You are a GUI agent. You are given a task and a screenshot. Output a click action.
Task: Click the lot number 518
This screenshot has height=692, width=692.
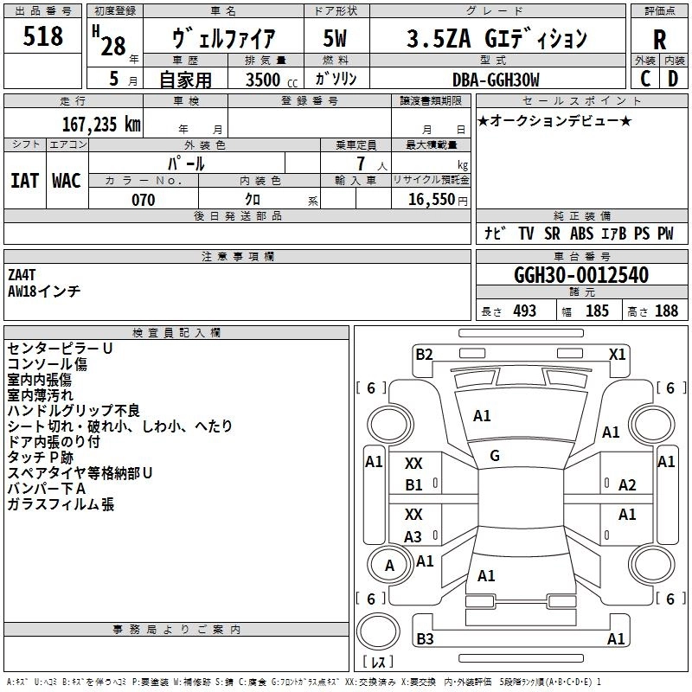tap(44, 36)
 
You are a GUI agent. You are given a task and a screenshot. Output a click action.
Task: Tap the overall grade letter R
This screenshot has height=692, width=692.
tap(659, 40)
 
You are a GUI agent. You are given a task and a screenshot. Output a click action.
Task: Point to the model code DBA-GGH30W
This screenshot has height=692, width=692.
tap(495, 80)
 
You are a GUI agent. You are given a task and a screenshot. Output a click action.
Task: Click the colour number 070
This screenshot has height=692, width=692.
tap(143, 200)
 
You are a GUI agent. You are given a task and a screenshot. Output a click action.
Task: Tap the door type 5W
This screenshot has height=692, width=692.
tap(336, 38)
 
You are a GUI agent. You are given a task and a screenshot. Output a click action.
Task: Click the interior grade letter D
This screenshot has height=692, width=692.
tap(672, 79)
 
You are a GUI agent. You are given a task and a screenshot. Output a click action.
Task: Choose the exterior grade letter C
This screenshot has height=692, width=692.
tap(644, 79)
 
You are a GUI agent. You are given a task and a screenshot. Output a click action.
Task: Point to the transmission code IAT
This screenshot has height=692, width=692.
tap(24, 181)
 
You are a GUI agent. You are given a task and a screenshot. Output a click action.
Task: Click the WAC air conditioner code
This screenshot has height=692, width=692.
tap(66, 181)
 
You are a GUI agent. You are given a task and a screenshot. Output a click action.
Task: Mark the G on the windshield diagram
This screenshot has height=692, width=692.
tap(495, 455)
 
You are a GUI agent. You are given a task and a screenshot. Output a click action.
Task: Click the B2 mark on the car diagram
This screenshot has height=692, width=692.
tap(424, 354)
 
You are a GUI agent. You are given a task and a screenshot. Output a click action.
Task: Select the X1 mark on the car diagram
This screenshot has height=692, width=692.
tap(617, 354)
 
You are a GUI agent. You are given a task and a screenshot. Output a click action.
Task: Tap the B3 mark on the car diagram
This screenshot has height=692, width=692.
tap(424, 639)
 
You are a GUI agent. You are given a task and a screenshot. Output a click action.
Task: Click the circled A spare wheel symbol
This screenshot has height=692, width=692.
tap(389, 566)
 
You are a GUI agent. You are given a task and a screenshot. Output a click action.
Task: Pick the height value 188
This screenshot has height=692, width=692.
tap(666, 311)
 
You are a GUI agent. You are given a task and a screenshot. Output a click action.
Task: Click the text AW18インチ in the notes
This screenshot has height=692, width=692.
tap(44, 292)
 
